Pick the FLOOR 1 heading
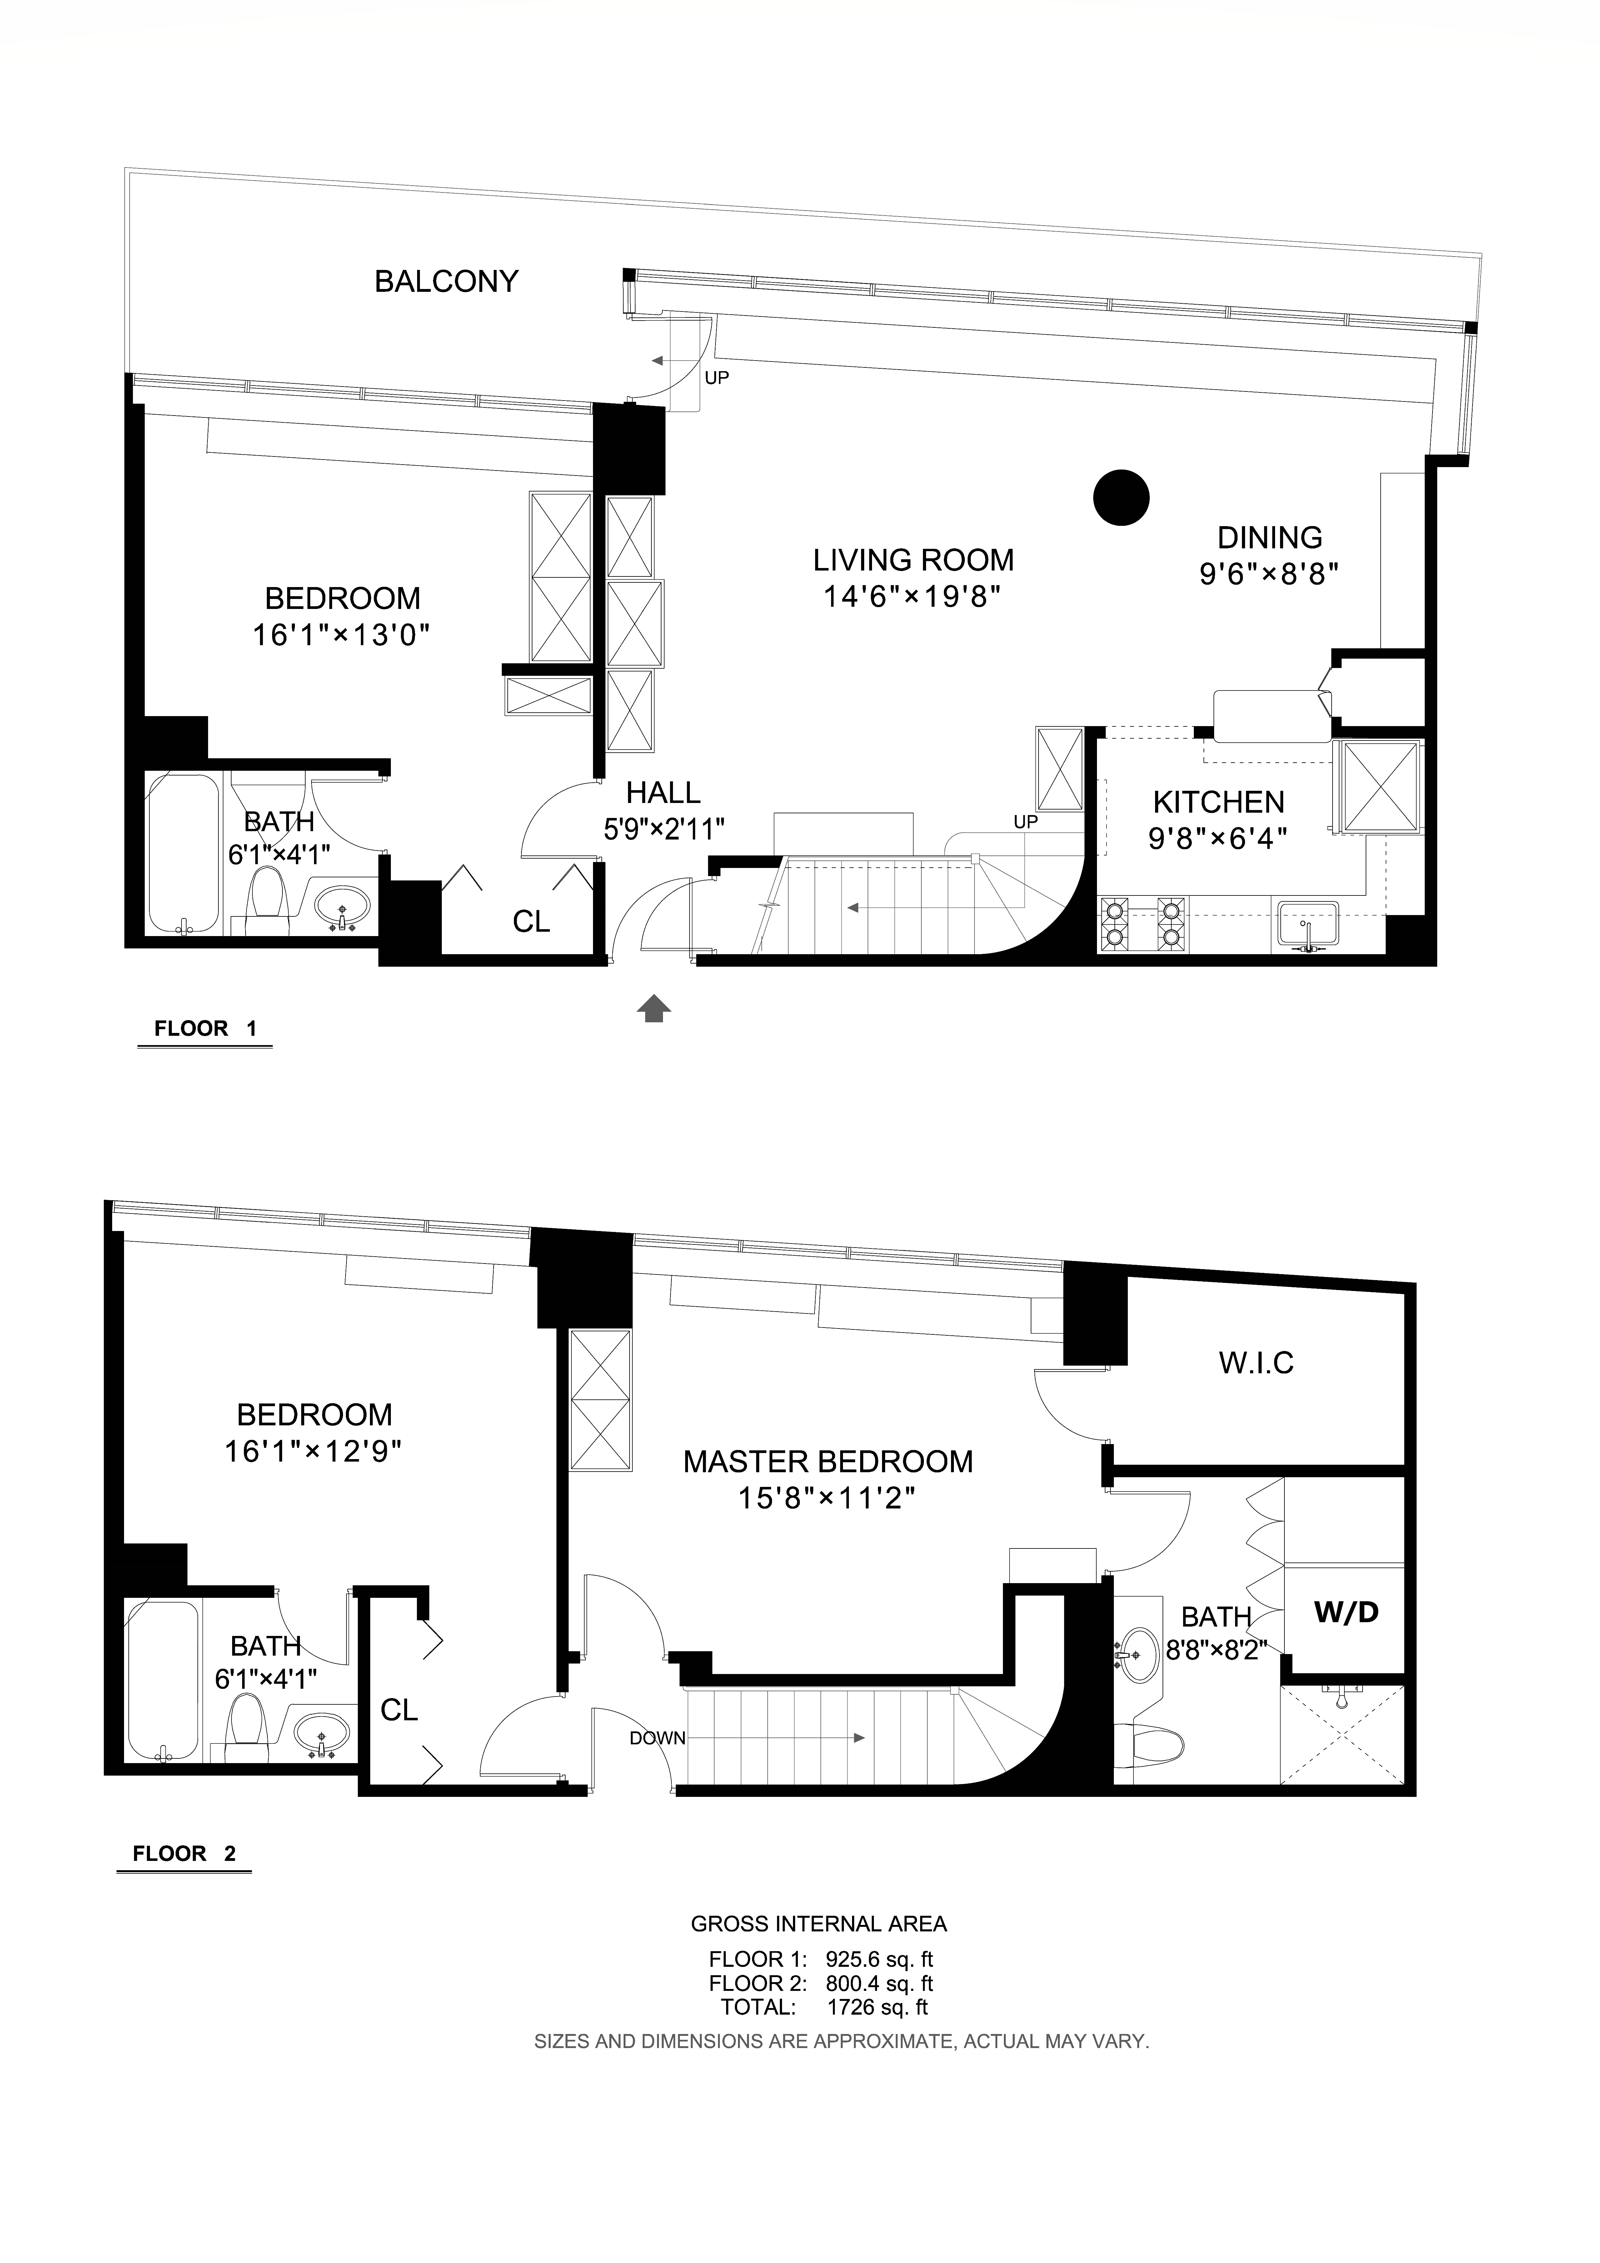(x=205, y=1029)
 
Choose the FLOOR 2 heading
(x=184, y=1854)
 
